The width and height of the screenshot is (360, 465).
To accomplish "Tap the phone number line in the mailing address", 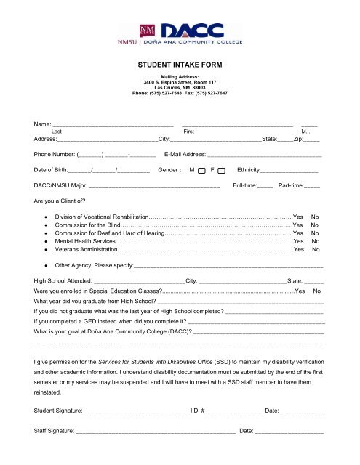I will click(180, 93).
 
